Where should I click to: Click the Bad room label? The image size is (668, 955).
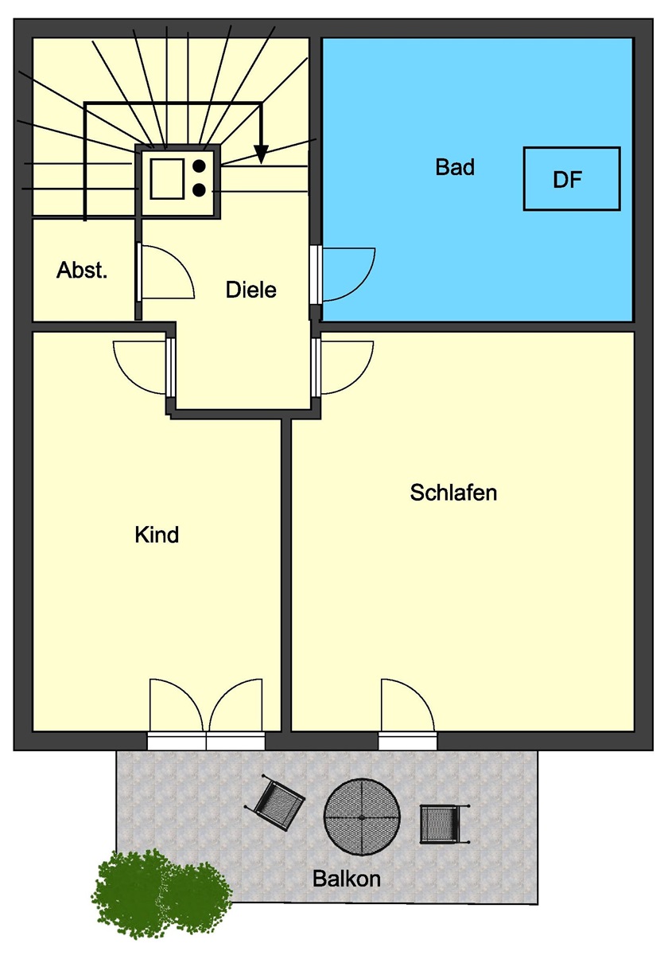[x=455, y=166]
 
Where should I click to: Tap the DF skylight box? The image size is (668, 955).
[x=571, y=178]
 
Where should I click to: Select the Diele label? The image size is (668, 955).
[x=251, y=290]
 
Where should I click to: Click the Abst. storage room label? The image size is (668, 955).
[x=82, y=270]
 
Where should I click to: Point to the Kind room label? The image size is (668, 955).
[x=157, y=535]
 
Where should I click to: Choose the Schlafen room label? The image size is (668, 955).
[x=453, y=493]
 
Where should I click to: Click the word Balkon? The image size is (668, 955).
[x=347, y=879]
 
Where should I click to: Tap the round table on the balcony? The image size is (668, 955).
[x=362, y=817]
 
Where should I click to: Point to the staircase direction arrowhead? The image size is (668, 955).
[x=261, y=154]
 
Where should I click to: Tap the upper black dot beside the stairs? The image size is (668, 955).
[x=199, y=166]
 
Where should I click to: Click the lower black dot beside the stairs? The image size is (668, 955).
[x=199, y=189]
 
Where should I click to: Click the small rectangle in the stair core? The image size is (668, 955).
[x=167, y=178]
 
